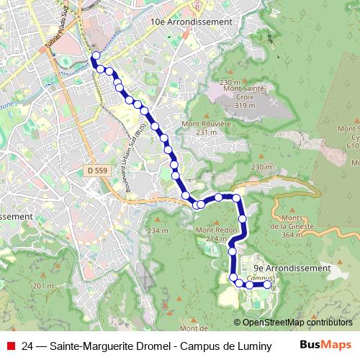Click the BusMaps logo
[326, 344]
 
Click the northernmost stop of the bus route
[94, 55]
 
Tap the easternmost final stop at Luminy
[268, 285]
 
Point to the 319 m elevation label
[245, 106]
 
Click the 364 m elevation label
[291, 235]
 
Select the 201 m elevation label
[43, 287]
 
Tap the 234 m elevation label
[156, 230]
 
